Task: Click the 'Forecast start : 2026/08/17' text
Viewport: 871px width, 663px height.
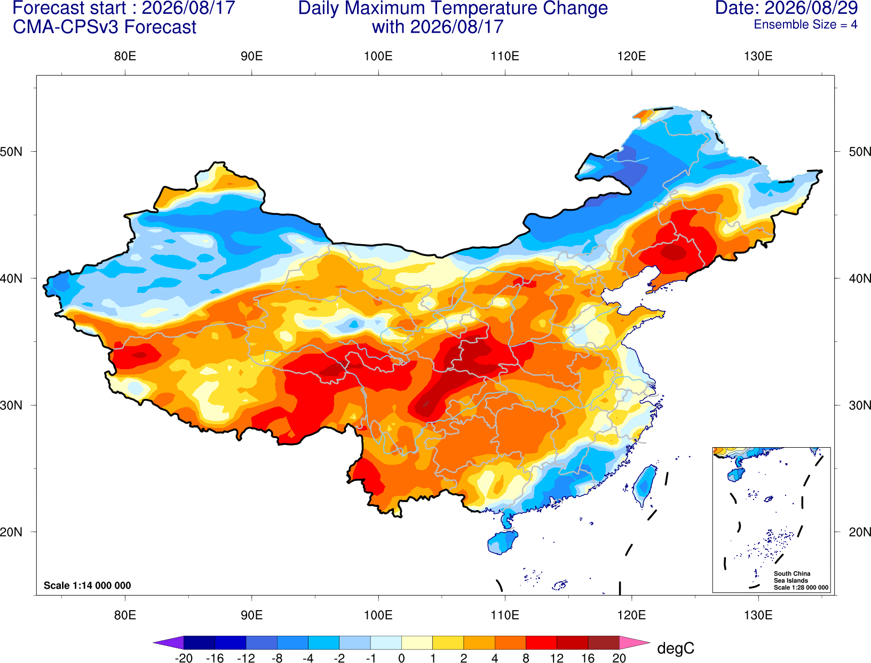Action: pos(124,8)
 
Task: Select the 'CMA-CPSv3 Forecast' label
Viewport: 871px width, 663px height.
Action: pos(105,27)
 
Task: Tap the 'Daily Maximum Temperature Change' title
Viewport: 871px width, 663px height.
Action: pos(453,9)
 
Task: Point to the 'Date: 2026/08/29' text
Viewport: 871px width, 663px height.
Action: pos(787,8)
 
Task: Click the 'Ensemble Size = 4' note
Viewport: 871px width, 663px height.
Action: pos(805,25)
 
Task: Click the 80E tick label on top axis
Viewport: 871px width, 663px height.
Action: pos(125,56)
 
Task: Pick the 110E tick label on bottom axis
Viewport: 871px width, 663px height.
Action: pos(505,615)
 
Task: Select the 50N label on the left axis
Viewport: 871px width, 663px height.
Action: pos(11,151)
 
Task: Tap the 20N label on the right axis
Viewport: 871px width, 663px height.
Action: pos(860,532)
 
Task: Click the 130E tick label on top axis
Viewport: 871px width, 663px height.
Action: pos(758,56)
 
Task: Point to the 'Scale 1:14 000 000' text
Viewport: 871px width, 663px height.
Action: pos(88,585)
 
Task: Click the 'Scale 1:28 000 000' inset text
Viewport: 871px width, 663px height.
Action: pos(801,588)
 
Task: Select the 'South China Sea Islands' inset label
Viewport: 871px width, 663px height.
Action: pos(792,577)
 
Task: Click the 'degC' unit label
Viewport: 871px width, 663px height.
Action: pos(676,648)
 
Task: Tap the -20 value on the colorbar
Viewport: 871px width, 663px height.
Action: pos(184,658)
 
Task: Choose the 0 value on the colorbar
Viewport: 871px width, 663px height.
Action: pos(401,658)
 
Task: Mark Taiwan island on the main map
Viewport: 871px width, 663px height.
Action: pos(644,486)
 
